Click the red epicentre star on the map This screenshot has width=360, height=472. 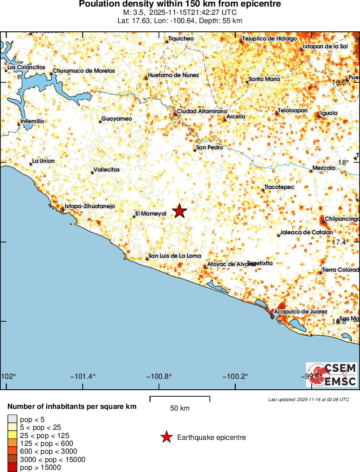click(x=179, y=211)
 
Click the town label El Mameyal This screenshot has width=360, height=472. click(x=151, y=214)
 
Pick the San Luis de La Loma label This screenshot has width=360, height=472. click(x=175, y=256)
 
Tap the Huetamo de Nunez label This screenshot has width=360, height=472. click(x=173, y=75)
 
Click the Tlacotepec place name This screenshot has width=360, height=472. click(x=279, y=187)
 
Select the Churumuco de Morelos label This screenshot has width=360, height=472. click(x=84, y=71)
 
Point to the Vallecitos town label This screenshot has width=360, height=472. click(x=107, y=170)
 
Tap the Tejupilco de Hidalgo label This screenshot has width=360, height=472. click(x=269, y=39)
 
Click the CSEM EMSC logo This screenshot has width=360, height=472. click(x=332, y=375)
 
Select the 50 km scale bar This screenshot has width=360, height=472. click(x=180, y=398)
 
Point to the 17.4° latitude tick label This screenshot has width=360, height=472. click(x=340, y=242)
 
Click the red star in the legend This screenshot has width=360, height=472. click(x=166, y=437)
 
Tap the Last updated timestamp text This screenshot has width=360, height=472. click(x=308, y=399)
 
